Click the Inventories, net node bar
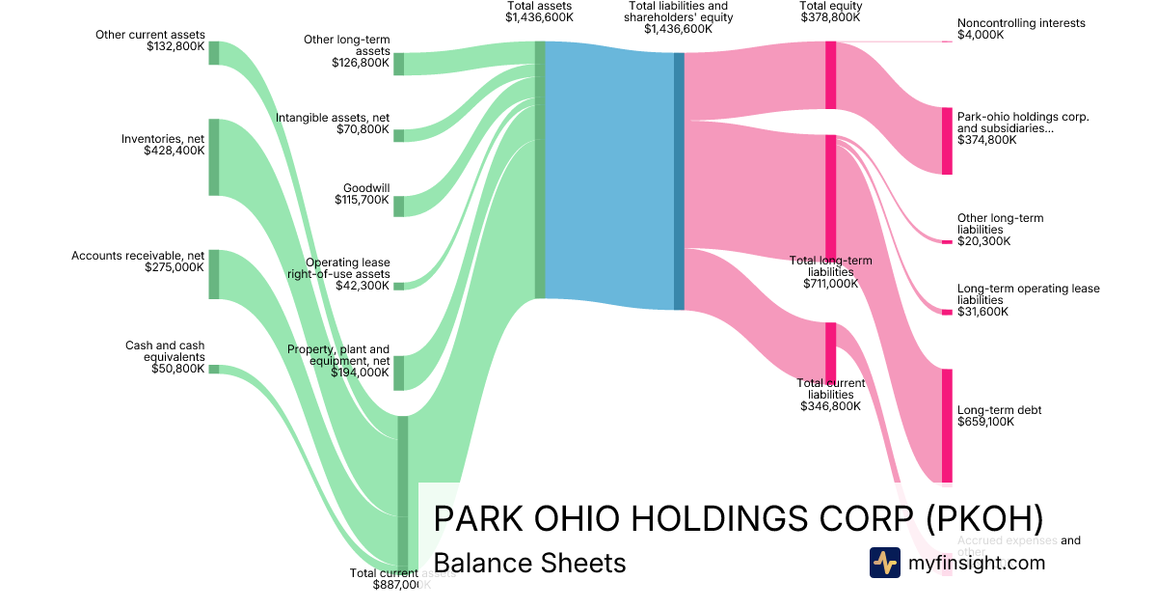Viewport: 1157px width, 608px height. click(214, 157)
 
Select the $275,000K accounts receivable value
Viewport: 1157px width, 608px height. click(172, 267)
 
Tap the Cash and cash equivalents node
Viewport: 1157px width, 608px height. click(214, 369)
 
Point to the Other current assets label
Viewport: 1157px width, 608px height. click(150, 35)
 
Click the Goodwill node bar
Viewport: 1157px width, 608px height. click(398, 206)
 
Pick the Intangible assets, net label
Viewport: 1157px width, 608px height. click(333, 118)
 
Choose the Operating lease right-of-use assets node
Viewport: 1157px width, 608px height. click(398, 286)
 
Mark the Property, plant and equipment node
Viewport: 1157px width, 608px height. click(398, 373)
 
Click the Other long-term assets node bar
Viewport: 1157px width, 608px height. click(398, 64)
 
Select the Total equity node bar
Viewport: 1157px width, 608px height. click(830, 75)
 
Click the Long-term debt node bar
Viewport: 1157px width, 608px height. click(947, 425)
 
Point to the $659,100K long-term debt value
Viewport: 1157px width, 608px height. click(985, 422)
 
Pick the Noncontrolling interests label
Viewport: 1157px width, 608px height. click(1021, 23)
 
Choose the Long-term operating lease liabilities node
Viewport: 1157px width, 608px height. click(947, 312)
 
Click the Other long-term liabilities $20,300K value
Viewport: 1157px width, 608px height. click(983, 241)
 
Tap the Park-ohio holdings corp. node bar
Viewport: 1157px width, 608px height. click(947, 141)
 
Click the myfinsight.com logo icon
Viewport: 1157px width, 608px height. click(884, 562)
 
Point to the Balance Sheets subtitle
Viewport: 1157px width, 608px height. click(529, 563)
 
